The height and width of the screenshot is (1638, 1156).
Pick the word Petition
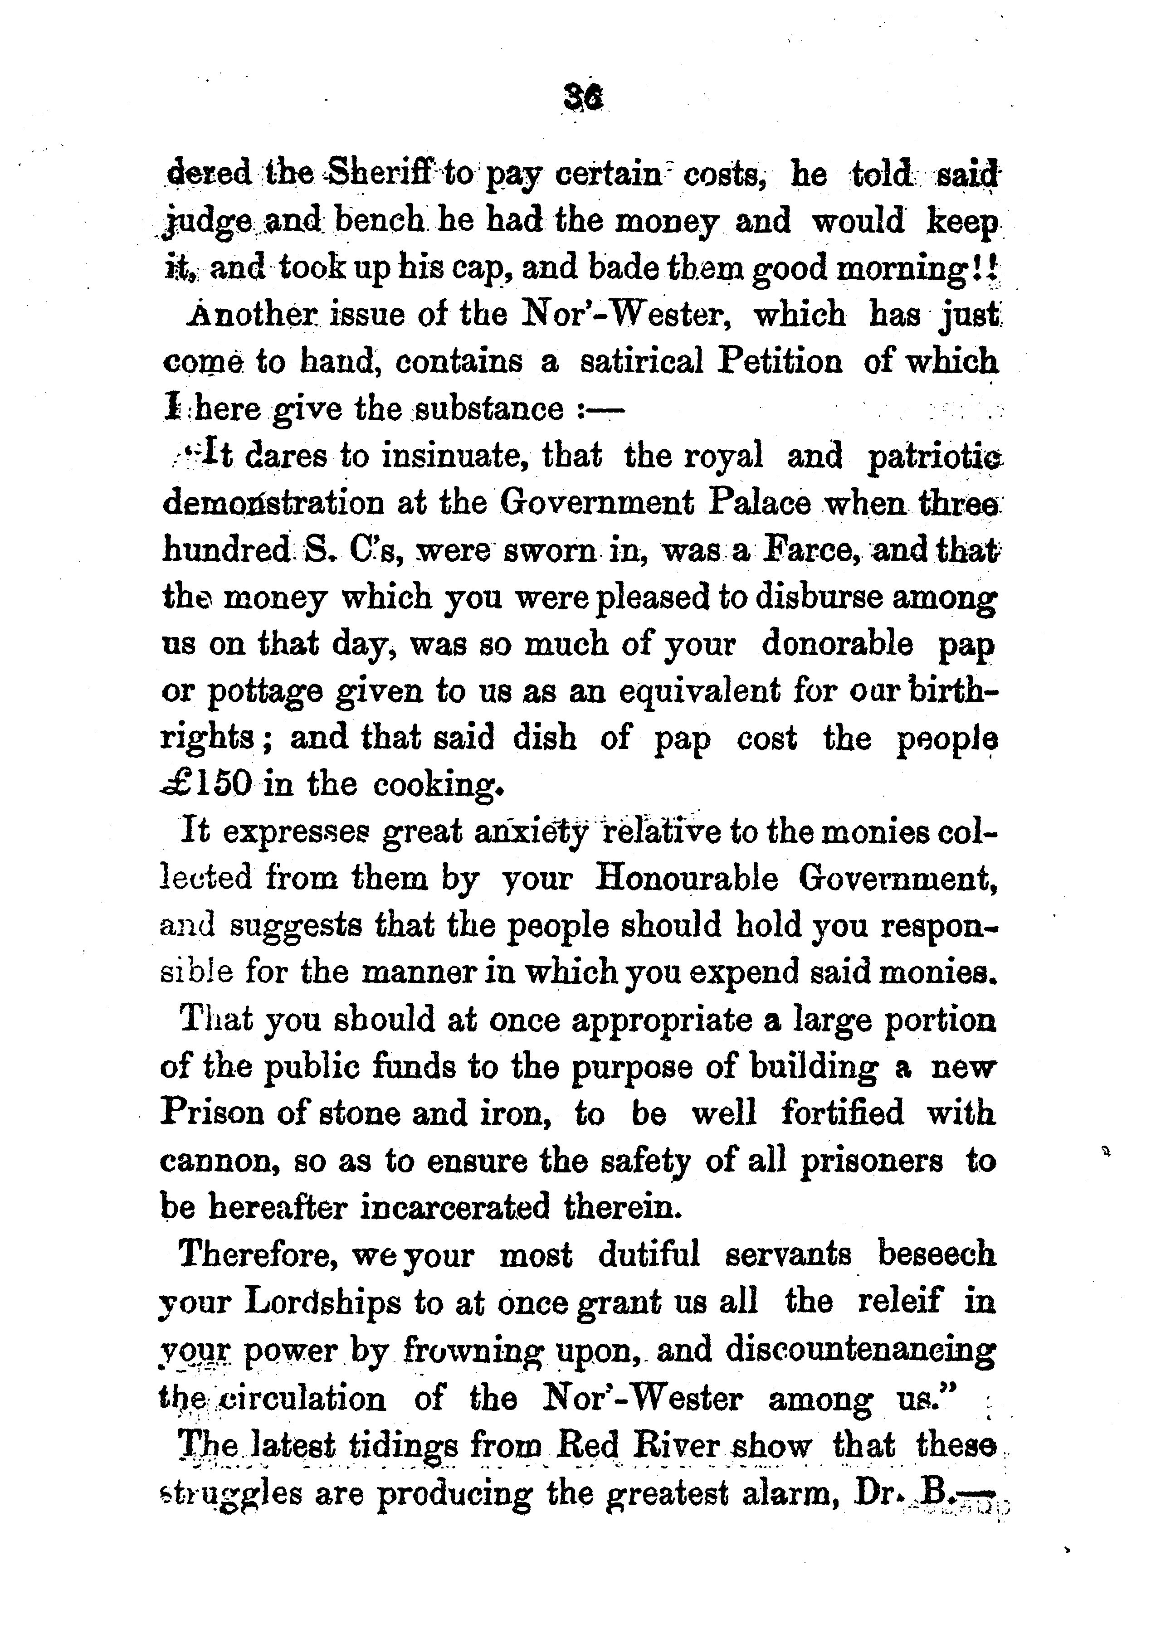coord(780,362)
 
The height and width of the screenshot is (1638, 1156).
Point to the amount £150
coord(206,785)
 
